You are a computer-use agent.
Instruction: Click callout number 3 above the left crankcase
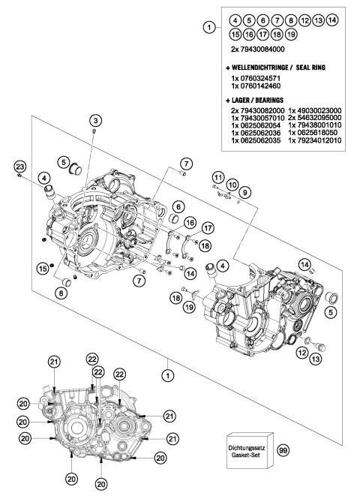[96, 121]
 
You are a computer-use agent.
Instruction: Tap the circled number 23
[20, 166]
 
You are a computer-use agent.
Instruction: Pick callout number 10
[232, 184]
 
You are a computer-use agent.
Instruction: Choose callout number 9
[246, 191]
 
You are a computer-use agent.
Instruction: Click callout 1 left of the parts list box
[208, 28]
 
